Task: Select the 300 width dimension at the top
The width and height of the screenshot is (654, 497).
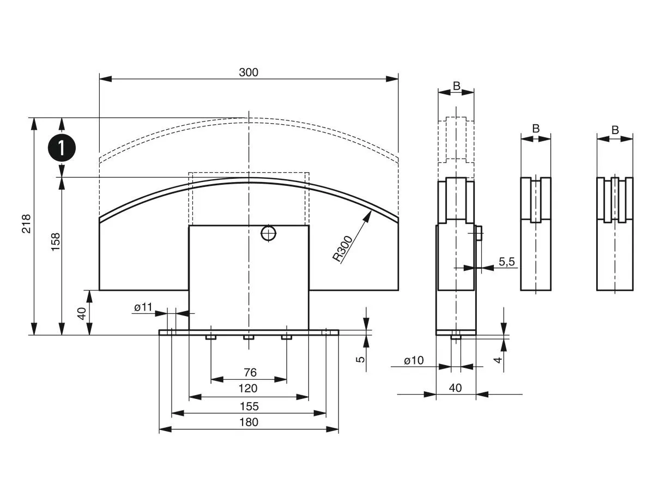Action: pyautogui.click(x=249, y=72)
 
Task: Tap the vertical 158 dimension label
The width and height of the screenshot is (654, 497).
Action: pyautogui.click(x=55, y=242)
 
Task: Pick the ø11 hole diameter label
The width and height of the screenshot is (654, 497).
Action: pyautogui.click(x=143, y=307)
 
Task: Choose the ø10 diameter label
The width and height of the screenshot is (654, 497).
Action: pyautogui.click(x=414, y=360)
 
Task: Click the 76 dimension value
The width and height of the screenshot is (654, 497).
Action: pyautogui.click(x=250, y=373)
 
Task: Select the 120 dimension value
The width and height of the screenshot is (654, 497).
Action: pyautogui.click(x=249, y=389)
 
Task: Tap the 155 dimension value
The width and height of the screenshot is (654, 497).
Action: pyautogui.click(x=249, y=406)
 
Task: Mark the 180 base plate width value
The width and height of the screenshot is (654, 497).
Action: pyautogui.click(x=249, y=422)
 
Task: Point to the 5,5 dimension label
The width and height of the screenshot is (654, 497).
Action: pyautogui.click(x=507, y=262)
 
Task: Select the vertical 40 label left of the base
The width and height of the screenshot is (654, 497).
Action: pyautogui.click(x=82, y=314)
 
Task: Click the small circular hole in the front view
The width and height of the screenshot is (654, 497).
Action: pyautogui.click(x=268, y=233)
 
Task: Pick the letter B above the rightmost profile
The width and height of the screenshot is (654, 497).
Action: pyautogui.click(x=615, y=130)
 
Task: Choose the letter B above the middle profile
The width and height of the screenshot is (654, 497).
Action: pyautogui.click(x=536, y=129)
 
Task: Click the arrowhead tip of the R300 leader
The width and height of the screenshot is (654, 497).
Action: pyautogui.click(x=372, y=210)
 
